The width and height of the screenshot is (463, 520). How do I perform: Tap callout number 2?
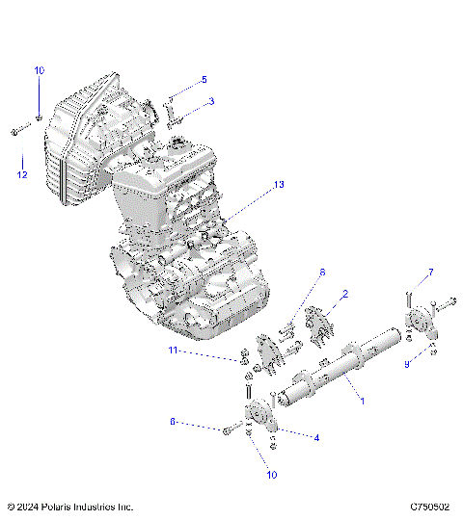345,295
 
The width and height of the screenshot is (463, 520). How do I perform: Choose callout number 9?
408,364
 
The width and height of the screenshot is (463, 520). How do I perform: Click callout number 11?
175,352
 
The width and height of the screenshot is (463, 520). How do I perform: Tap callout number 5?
204,79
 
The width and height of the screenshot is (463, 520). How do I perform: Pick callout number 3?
212,100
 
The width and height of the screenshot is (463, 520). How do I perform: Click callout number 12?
21,174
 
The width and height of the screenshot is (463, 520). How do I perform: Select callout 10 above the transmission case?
40,71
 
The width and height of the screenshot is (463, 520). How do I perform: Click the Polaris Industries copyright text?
69,507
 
